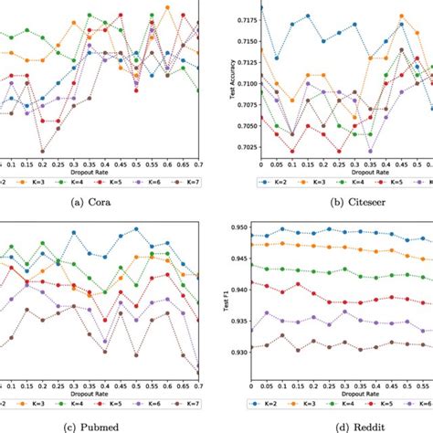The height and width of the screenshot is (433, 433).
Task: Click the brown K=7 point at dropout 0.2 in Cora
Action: click(x=42, y=152)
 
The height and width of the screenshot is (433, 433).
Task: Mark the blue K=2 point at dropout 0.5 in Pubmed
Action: click(x=136, y=229)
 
